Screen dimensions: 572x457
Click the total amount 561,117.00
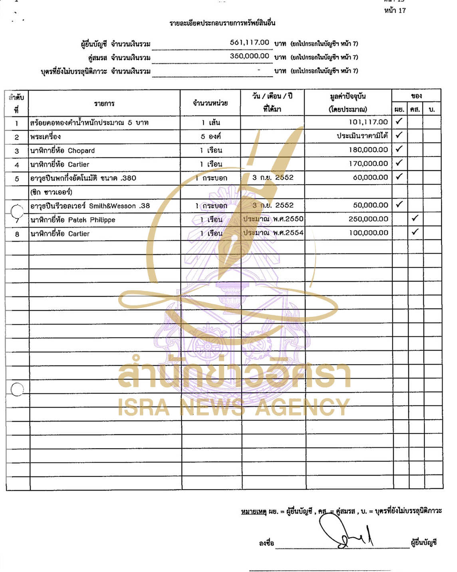(x=249, y=42)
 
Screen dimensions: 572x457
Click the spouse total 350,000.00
(x=249, y=56)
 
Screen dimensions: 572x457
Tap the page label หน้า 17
(x=395, y=10)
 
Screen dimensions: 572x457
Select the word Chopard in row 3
(x=81, y=151)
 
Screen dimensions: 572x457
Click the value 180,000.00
(x=368, y=150)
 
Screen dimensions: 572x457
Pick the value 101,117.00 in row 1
(x=368, y=122)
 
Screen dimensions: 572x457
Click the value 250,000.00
(x=368, y=219)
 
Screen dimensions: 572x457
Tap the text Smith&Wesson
(x=112, y=206)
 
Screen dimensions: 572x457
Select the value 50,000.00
(x=370, y=205)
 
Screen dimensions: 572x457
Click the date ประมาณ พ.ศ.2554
(x=273, y=232)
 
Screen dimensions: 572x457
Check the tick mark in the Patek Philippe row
(x=415, y=218)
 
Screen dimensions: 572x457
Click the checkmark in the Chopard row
(x=399, y=149)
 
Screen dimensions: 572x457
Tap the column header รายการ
(x=104, y=103)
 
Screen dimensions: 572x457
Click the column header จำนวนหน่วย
(x=210, y=103)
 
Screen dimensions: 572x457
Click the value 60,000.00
(x=370, y=177)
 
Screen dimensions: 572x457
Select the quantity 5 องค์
(x=211, y=136)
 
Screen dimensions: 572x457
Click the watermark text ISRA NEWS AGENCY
(x=234, y=407)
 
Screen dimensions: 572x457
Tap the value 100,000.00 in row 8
(x=368, y=232)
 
